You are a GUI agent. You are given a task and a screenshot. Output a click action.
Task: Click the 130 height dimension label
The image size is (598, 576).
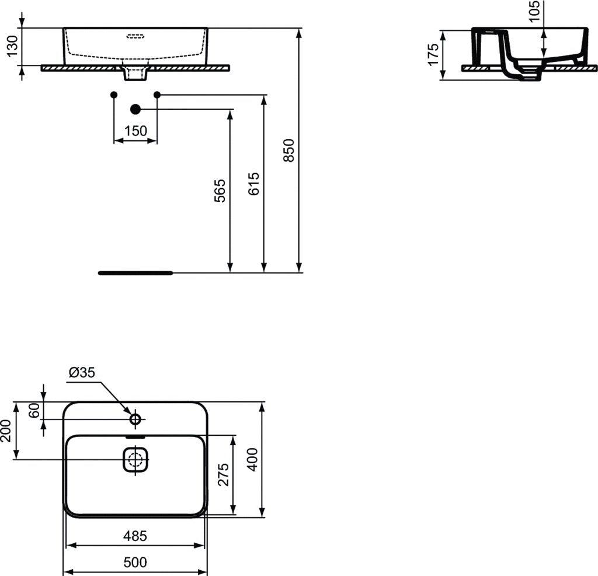pos(12,46)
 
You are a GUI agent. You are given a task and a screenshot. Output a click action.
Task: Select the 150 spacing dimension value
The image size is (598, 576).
pos(135,131)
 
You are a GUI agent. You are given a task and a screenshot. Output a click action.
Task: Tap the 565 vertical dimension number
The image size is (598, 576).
pos(220,191)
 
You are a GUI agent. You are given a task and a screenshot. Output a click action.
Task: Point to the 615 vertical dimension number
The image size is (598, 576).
pos(254,184)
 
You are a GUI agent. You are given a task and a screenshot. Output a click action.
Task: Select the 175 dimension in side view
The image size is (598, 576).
pos(433,54)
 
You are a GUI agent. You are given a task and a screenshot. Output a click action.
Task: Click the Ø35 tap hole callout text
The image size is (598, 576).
pos(82,372)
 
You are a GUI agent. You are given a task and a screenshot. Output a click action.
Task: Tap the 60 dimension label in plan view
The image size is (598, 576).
pos(34,410)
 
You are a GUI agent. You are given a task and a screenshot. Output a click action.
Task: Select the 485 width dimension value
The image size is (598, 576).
pos(135,535)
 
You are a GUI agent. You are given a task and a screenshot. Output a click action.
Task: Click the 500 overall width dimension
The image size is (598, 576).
pos(135,563)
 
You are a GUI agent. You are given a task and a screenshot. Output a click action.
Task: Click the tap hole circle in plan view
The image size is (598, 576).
pos(135,419)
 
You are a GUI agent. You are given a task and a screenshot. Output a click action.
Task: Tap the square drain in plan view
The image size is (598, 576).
pos(136,460)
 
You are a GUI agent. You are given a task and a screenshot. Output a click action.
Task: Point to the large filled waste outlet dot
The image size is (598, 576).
pos(135,109)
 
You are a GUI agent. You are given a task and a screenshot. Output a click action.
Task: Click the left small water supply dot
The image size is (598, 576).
pos(114,95)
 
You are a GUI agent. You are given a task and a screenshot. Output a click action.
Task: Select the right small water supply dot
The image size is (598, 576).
pos(157,95)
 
